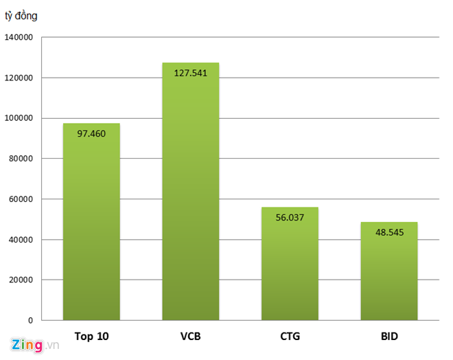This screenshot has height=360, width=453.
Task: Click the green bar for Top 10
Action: (91, 227)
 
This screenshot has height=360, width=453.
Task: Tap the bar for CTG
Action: (290, 268)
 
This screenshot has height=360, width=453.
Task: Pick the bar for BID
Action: (389, 275)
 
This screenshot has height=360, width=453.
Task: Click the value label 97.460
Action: (91, 134)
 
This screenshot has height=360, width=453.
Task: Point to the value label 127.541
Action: (191, 74)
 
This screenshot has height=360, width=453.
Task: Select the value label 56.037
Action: (290, 217)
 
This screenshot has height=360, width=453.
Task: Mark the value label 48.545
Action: (389, 232)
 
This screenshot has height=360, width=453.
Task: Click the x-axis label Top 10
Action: (91, 337)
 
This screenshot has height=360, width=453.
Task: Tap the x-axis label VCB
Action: (191, 337)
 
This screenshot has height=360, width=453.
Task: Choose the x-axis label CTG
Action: (290, 337)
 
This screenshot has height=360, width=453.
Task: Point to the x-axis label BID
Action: (389, 337)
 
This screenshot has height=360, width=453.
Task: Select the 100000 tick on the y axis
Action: (19, 118)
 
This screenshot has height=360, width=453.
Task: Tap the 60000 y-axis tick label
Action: (21, 199)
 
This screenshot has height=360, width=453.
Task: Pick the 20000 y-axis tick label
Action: (21, 280)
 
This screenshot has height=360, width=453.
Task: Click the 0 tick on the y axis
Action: (30, 320)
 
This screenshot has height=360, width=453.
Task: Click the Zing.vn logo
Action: (33, 344)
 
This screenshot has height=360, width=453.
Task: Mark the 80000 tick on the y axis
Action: (21, 159)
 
